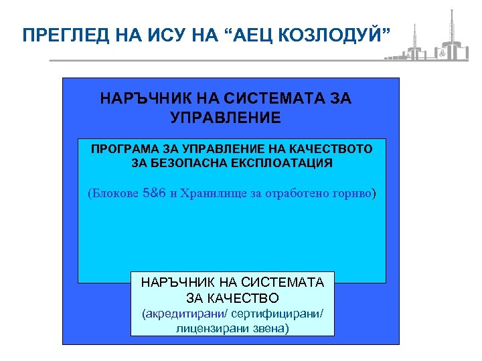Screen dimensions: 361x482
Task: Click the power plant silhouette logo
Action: (x=428, y=40)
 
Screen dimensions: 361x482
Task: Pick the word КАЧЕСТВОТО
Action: (x=335, y=148)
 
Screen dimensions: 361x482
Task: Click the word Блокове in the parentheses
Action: (x=116, y=194)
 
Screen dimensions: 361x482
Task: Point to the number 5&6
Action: (x=155, y=194)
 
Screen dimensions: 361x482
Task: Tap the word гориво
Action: (x=353, y=194)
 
